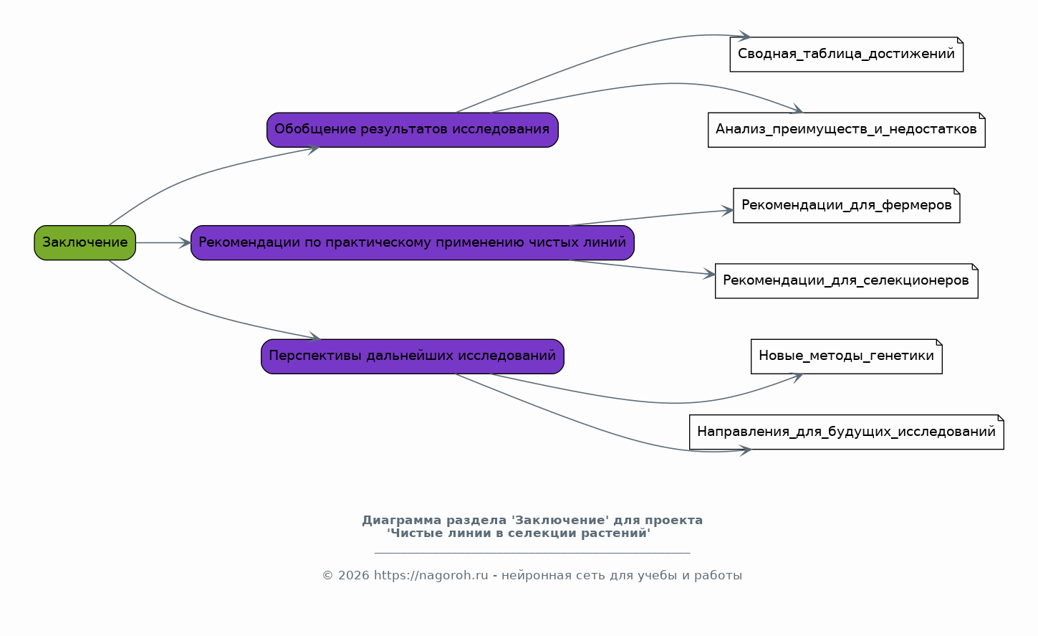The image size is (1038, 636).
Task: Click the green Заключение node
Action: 85,242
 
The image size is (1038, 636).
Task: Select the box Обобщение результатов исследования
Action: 413,130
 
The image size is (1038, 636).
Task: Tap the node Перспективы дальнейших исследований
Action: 413,356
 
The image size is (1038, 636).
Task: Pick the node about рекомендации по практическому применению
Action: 413,242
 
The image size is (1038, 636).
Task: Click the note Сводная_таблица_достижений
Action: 847,54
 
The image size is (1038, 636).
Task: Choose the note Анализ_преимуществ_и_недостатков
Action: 847,130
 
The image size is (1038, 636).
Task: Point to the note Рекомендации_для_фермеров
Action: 847,206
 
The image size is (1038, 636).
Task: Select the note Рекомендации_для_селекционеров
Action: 847,281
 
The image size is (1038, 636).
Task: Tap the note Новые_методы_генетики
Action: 847,356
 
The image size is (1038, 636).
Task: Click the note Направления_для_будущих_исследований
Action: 847,432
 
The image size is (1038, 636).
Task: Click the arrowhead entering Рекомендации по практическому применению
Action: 186,242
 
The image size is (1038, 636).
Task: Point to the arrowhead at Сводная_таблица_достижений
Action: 745,36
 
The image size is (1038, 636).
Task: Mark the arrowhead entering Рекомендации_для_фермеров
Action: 728,211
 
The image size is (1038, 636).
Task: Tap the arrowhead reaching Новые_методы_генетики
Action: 797,377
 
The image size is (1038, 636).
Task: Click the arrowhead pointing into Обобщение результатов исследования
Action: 313,149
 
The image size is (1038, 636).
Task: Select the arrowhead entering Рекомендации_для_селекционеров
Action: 709,274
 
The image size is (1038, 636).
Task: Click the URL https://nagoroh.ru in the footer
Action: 431,576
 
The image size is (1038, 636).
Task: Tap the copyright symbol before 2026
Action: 327,576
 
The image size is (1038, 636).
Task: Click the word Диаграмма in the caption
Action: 402,521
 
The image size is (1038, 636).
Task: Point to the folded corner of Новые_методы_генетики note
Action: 939,342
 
